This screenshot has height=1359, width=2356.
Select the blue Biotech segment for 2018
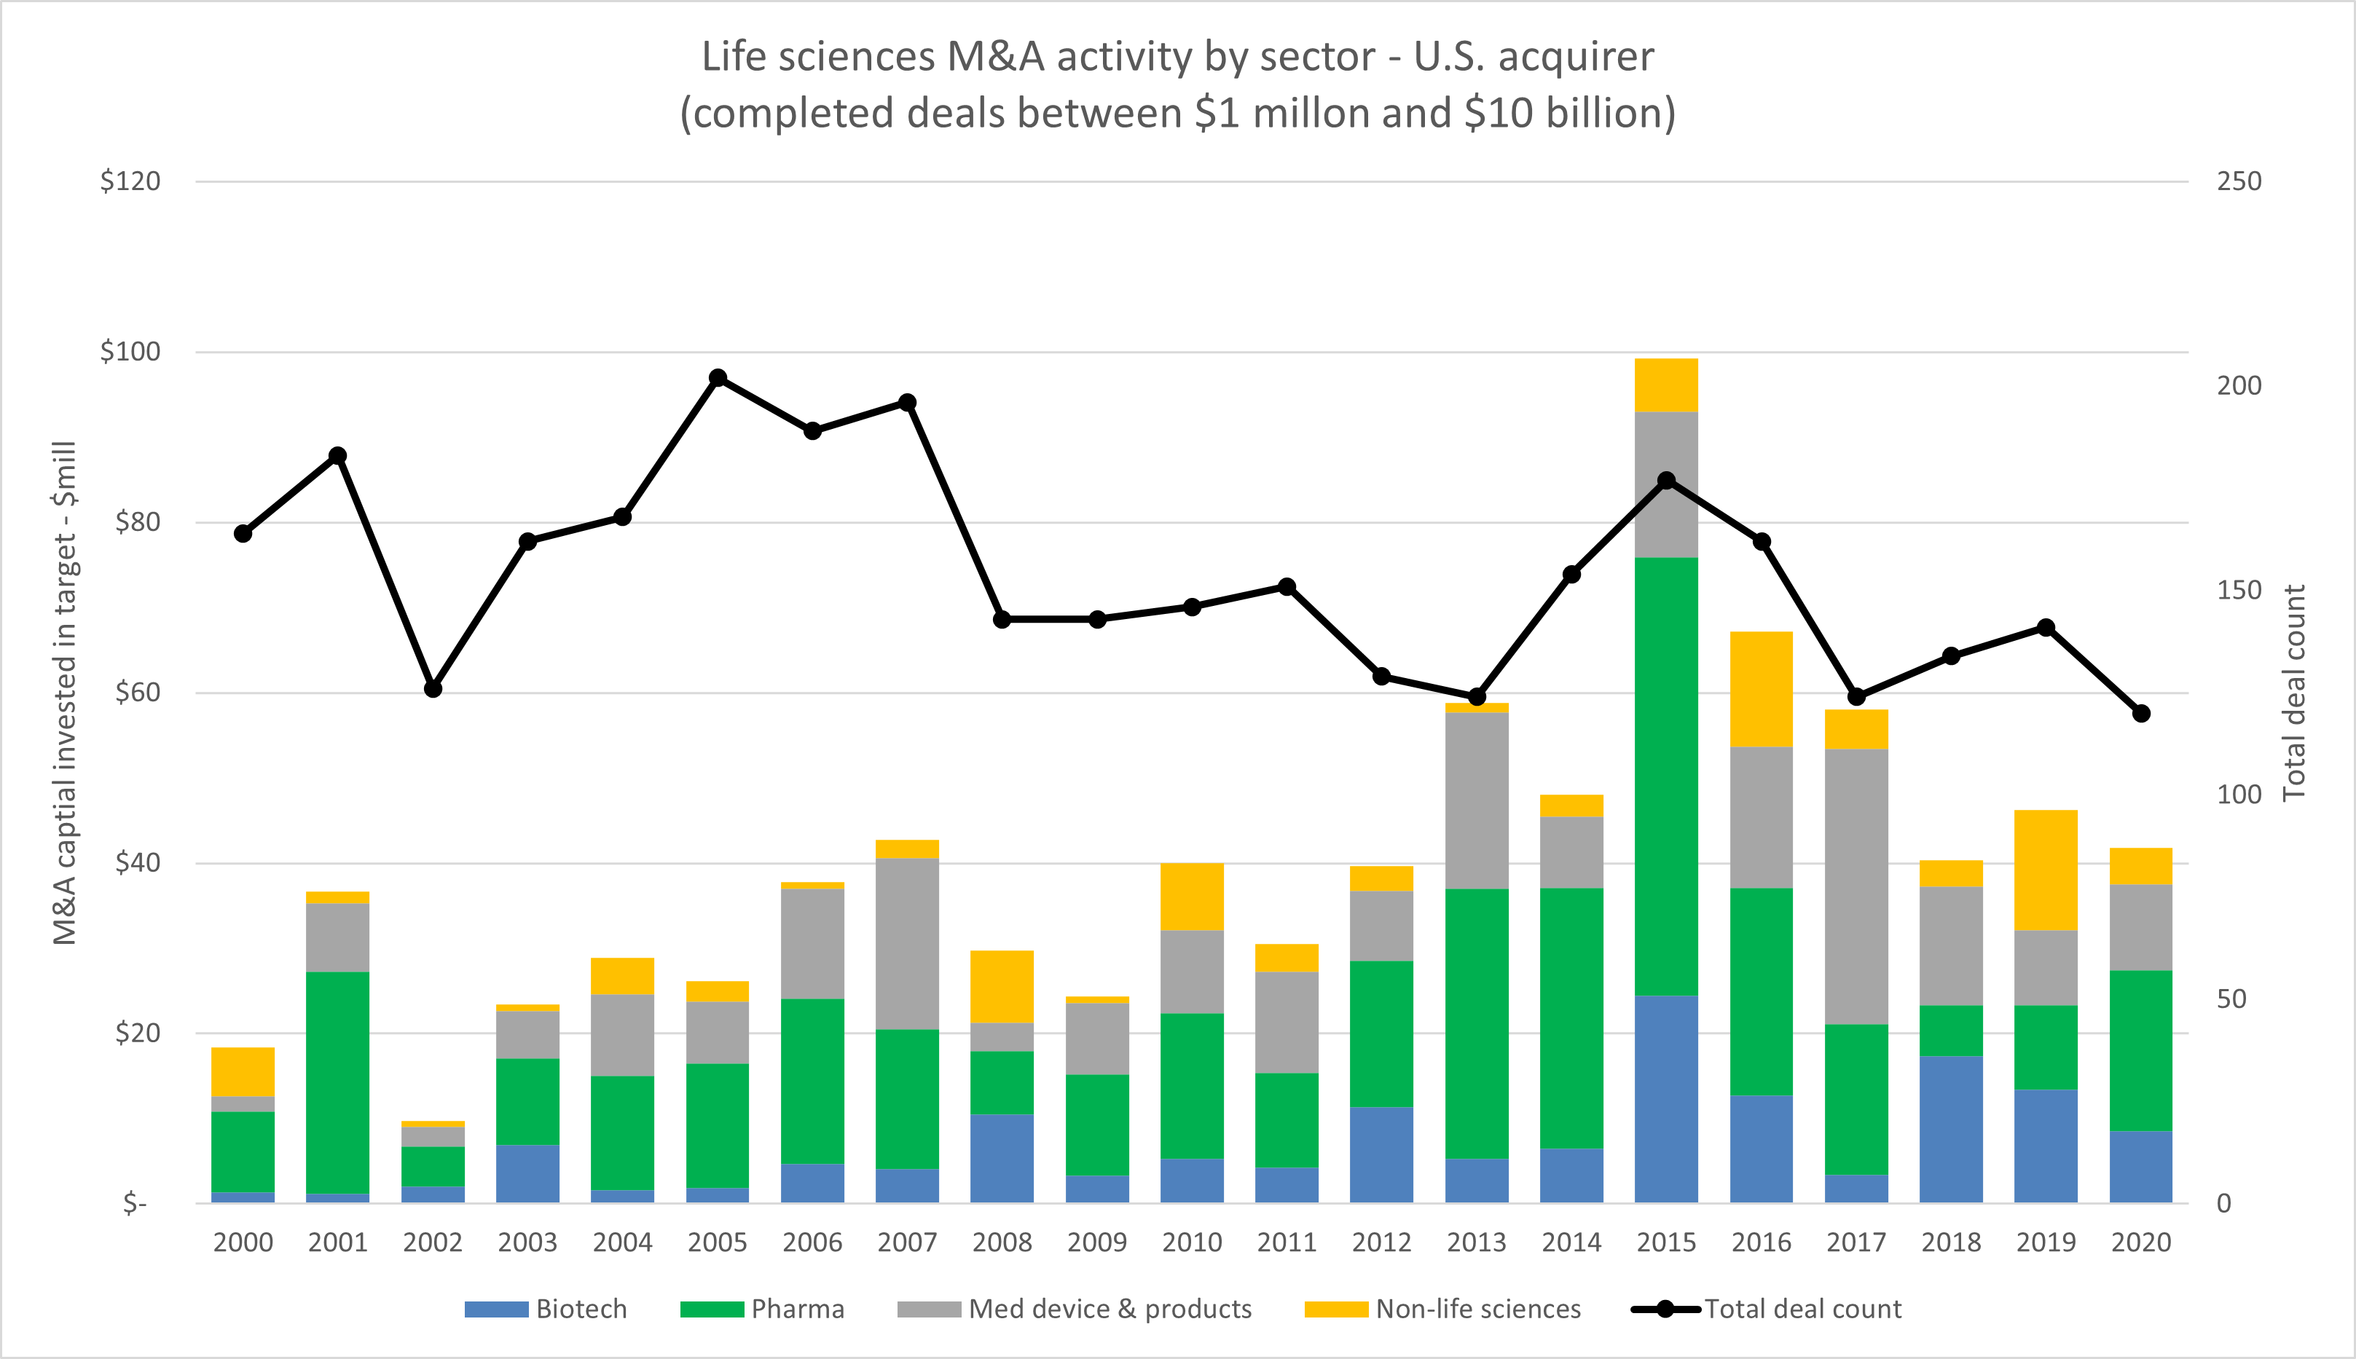pyautogui.click(x=1951, y=1130)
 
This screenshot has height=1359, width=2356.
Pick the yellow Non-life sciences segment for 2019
pyautogui.click(x=2046, y=870)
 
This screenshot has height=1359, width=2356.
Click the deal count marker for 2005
pyautogui.click(x=718, y=378)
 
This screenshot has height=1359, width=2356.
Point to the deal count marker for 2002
pyautogui.click(x=433, y=689)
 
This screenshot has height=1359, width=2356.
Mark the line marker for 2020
pyautogui.click(x=2141, y=713)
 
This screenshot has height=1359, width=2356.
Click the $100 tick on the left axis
pyautogui.click(x=130, y=352)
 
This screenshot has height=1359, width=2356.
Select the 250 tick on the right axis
pyautogui.click(x=2239, y=181)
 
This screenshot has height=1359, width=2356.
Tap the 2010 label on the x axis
pyautogui.click(x=1192, y=1242)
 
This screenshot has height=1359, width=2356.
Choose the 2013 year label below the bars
pyautogui.click(x=1477, y=1242)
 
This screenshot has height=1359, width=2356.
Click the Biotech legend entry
pyautogui.click(x=546, y=1309)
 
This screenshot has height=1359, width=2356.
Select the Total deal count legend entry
pyautogui.click(x=1767, y=1309)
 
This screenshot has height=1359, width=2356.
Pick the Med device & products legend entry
pyautogui.click(x=1075, y=1309)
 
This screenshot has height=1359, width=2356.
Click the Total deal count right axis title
pyautogui.click(x=2293, y=693)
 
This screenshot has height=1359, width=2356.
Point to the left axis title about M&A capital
pyautogui.click(x=64, y=693)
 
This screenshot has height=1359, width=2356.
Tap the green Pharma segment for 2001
pyautogui.click(x=338, y=1083)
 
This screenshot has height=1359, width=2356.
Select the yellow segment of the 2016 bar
pyautogui.click(x=1762, y=689)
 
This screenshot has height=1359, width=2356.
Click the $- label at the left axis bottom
pyautogui.click(x=136, y=1204)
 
